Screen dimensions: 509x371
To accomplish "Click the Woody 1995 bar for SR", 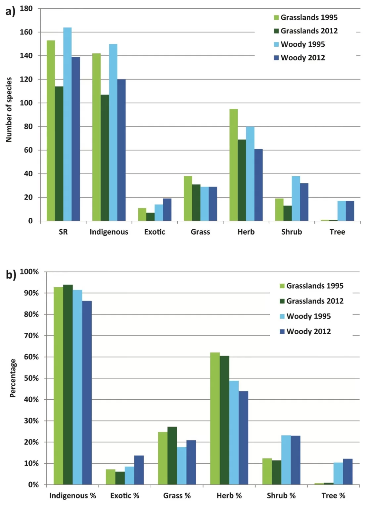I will pos(68,124).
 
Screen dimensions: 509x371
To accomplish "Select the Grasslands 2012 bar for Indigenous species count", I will pos(105,158).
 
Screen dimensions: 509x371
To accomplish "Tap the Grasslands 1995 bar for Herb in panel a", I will pos(234,165).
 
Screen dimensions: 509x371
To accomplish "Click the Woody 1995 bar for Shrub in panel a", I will pos(296,198).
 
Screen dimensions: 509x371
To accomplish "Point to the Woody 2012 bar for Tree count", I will pos(350,211).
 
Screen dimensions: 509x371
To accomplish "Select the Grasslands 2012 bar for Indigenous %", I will pos(68,384).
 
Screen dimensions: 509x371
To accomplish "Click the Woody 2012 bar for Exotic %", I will pos(139,470).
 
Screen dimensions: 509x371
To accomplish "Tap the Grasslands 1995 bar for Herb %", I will pos(215,418).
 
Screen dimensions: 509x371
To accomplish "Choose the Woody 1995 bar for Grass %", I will pos(182,466).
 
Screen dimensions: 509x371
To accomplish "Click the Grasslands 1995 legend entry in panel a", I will pos(305,18).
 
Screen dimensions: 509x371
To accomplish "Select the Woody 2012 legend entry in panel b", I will pos(305,331).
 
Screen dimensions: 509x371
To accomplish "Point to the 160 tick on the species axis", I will pos(26,32).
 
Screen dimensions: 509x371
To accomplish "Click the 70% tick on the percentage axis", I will pos(31,336).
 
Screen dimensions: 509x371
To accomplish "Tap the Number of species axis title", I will pos(9,110).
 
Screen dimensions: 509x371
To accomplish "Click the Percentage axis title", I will pos(13,378).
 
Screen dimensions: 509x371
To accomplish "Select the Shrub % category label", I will pos(281,496).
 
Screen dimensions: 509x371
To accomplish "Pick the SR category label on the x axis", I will pos(63,232).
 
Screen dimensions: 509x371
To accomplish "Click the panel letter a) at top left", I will pos(11,12).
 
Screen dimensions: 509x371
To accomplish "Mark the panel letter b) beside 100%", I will pos(11,275).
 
